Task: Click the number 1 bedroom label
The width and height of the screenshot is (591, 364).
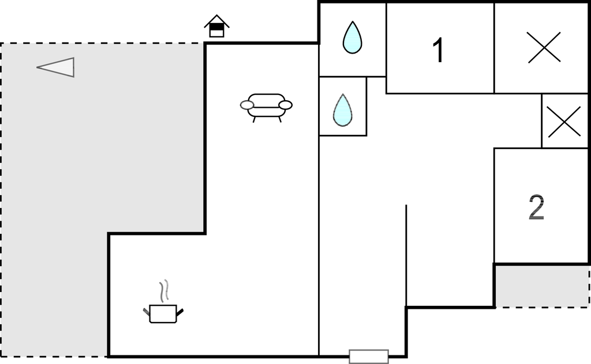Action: click(x=439, y=50)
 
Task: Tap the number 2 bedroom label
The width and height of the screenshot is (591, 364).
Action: click(x=536, y=207)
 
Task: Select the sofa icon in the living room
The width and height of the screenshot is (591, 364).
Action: click(x=266, y=108)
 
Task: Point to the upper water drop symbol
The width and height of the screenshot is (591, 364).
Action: click(x=353, y=37)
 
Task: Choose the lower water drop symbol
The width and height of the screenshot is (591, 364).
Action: click(x=343, y=110)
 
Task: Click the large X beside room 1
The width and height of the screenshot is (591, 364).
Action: click(x=544, y=47)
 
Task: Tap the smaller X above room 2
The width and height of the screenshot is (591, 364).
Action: click(x=564, y=122)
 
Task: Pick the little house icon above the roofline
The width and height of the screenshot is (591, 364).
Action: click(x=217, y=26)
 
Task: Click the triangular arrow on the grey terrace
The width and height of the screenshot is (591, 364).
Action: click(x=56, y=67)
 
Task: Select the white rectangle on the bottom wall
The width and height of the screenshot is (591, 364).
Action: click(x=369, y=357)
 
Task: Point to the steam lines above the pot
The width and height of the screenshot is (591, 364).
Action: click(x=163, y=291)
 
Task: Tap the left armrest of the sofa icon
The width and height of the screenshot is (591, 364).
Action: click(x=247, y=105)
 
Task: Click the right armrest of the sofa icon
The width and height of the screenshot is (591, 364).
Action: click(x=285, y=105)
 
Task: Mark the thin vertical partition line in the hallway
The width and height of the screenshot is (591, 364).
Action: click(x=406, y=255)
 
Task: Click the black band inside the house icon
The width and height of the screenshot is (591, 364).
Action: click(x=217, y=26)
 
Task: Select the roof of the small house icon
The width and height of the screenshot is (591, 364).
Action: click(x=217, y=20)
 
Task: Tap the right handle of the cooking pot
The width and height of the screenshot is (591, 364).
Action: click(x=180, y=312)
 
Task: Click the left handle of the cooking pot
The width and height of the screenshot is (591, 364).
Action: click(x=147, y=312)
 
